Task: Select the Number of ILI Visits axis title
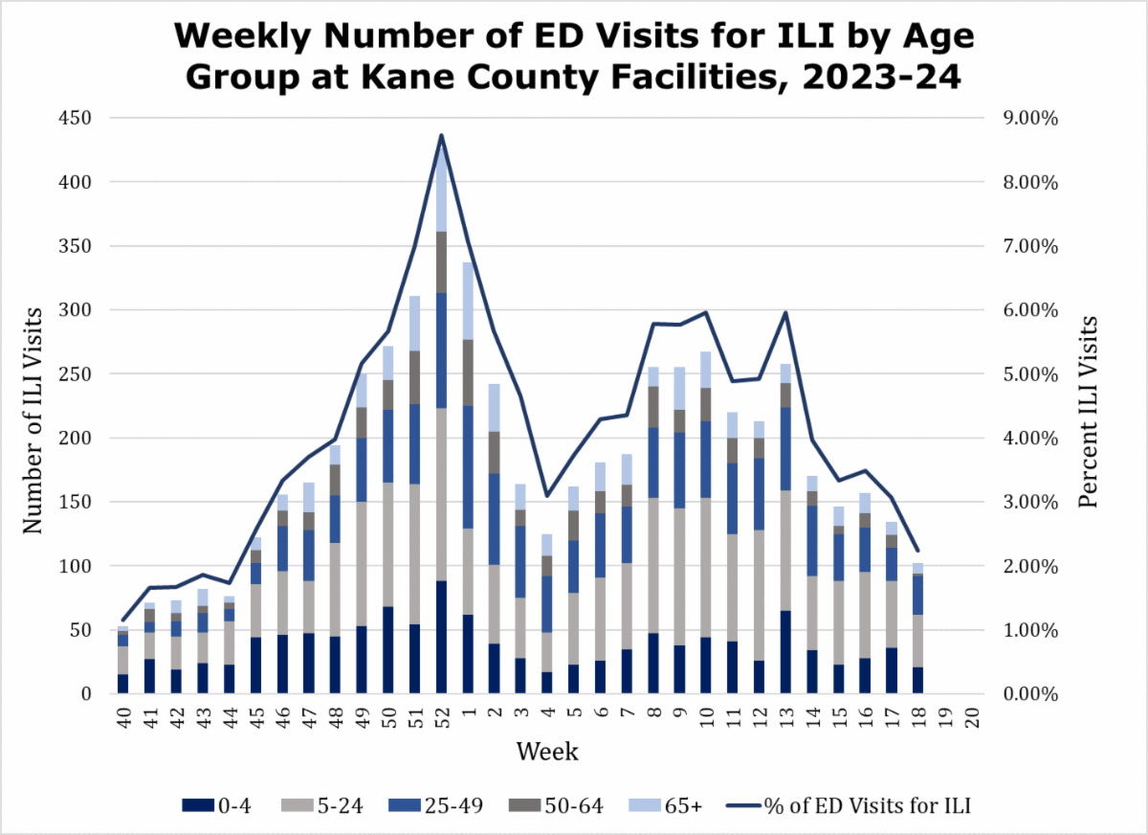(33, 406)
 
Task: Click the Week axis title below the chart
(547, 753)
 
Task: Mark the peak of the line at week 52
(441, 135)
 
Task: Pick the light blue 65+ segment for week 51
(414, 324)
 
